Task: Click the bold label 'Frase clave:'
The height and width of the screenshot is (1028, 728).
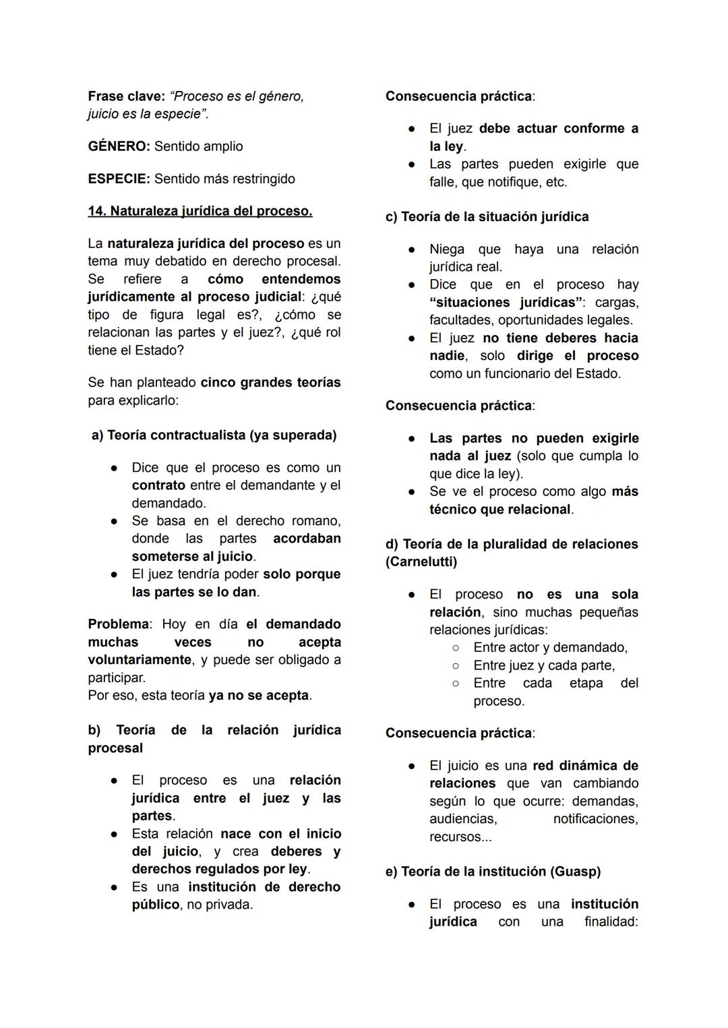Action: (x=127, y=96)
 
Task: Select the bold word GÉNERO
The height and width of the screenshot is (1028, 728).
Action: (x=118, y=146)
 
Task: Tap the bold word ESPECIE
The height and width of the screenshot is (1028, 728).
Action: (x=118, y=179)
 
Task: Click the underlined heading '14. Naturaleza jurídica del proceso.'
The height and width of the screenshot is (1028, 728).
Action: (x=200, y=211)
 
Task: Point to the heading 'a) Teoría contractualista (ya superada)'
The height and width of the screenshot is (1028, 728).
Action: (x=214, y=435)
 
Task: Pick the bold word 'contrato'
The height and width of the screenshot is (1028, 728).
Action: (x=158, y=485)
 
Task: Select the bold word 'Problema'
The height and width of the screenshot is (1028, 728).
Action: (x=118, y=624)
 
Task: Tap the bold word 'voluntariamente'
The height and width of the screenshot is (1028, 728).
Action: (x=140, y=659)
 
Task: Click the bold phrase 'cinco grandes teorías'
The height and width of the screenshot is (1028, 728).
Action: (x=270, y=382)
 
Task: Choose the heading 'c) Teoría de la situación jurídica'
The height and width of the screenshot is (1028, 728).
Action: (x=487, y=216)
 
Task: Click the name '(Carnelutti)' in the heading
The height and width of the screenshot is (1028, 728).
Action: (x=421, y=562)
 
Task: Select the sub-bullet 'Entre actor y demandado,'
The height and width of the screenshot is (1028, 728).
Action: (x=550, y=647)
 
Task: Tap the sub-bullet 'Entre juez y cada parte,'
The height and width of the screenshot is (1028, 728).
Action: (x=544, y=665)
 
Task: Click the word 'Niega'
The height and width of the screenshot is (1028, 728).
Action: (x=447, y=249)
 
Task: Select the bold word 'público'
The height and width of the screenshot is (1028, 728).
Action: (x=156, y=904)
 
